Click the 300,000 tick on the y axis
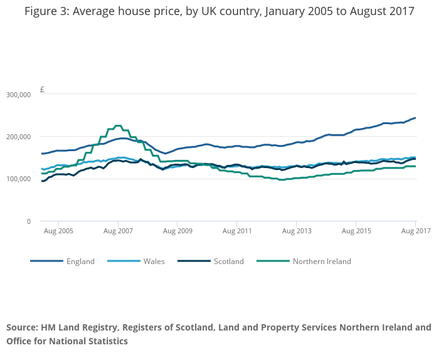point(18,94)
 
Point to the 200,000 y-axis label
point(18,137)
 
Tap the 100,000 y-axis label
point(18,179)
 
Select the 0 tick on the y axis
point(28,221)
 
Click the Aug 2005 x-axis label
point(58,231)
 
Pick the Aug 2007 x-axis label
point(118,231)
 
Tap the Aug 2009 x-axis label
point(177,231)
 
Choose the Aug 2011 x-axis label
point(236,231)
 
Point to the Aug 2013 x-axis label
point(296,231)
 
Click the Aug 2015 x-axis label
point(356,231)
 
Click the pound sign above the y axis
point(42,90)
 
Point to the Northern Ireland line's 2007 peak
point(118,125)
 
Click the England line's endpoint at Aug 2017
point(415,118)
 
